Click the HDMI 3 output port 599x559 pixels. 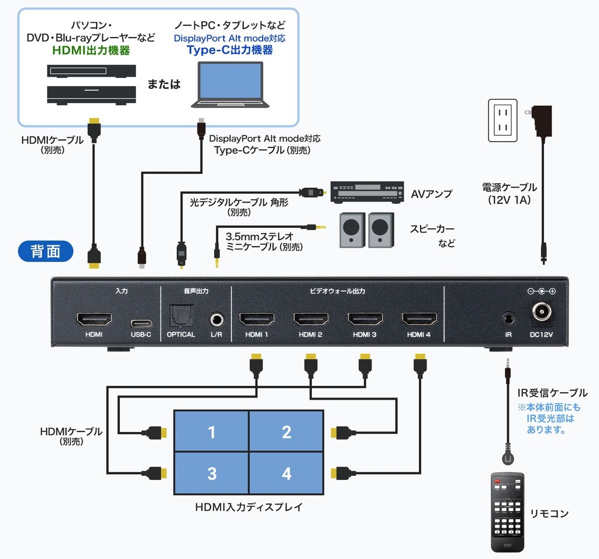coord(365,319)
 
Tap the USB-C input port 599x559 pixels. coord(141,324)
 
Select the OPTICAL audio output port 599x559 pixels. coord(181,316)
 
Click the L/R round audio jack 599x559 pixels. coord(216,319)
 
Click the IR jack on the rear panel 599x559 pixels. coord(508,319)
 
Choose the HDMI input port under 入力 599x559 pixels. coord(94,319)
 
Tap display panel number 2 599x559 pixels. coord(287,431)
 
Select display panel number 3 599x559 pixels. coord(212,474)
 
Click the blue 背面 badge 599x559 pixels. coord(46,251)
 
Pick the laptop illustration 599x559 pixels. coord(230,85)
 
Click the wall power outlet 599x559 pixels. coord(502,121)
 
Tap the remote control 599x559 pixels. coord(507,512)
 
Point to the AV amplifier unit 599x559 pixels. coord(367,193)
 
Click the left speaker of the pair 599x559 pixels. coord(352,230)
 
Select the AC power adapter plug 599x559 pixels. coord(539,121)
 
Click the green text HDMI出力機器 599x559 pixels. coord(91,50)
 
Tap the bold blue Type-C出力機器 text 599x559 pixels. coord(230,50)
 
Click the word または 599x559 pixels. coord(164,84)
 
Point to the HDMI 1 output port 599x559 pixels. coord(257,319)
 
